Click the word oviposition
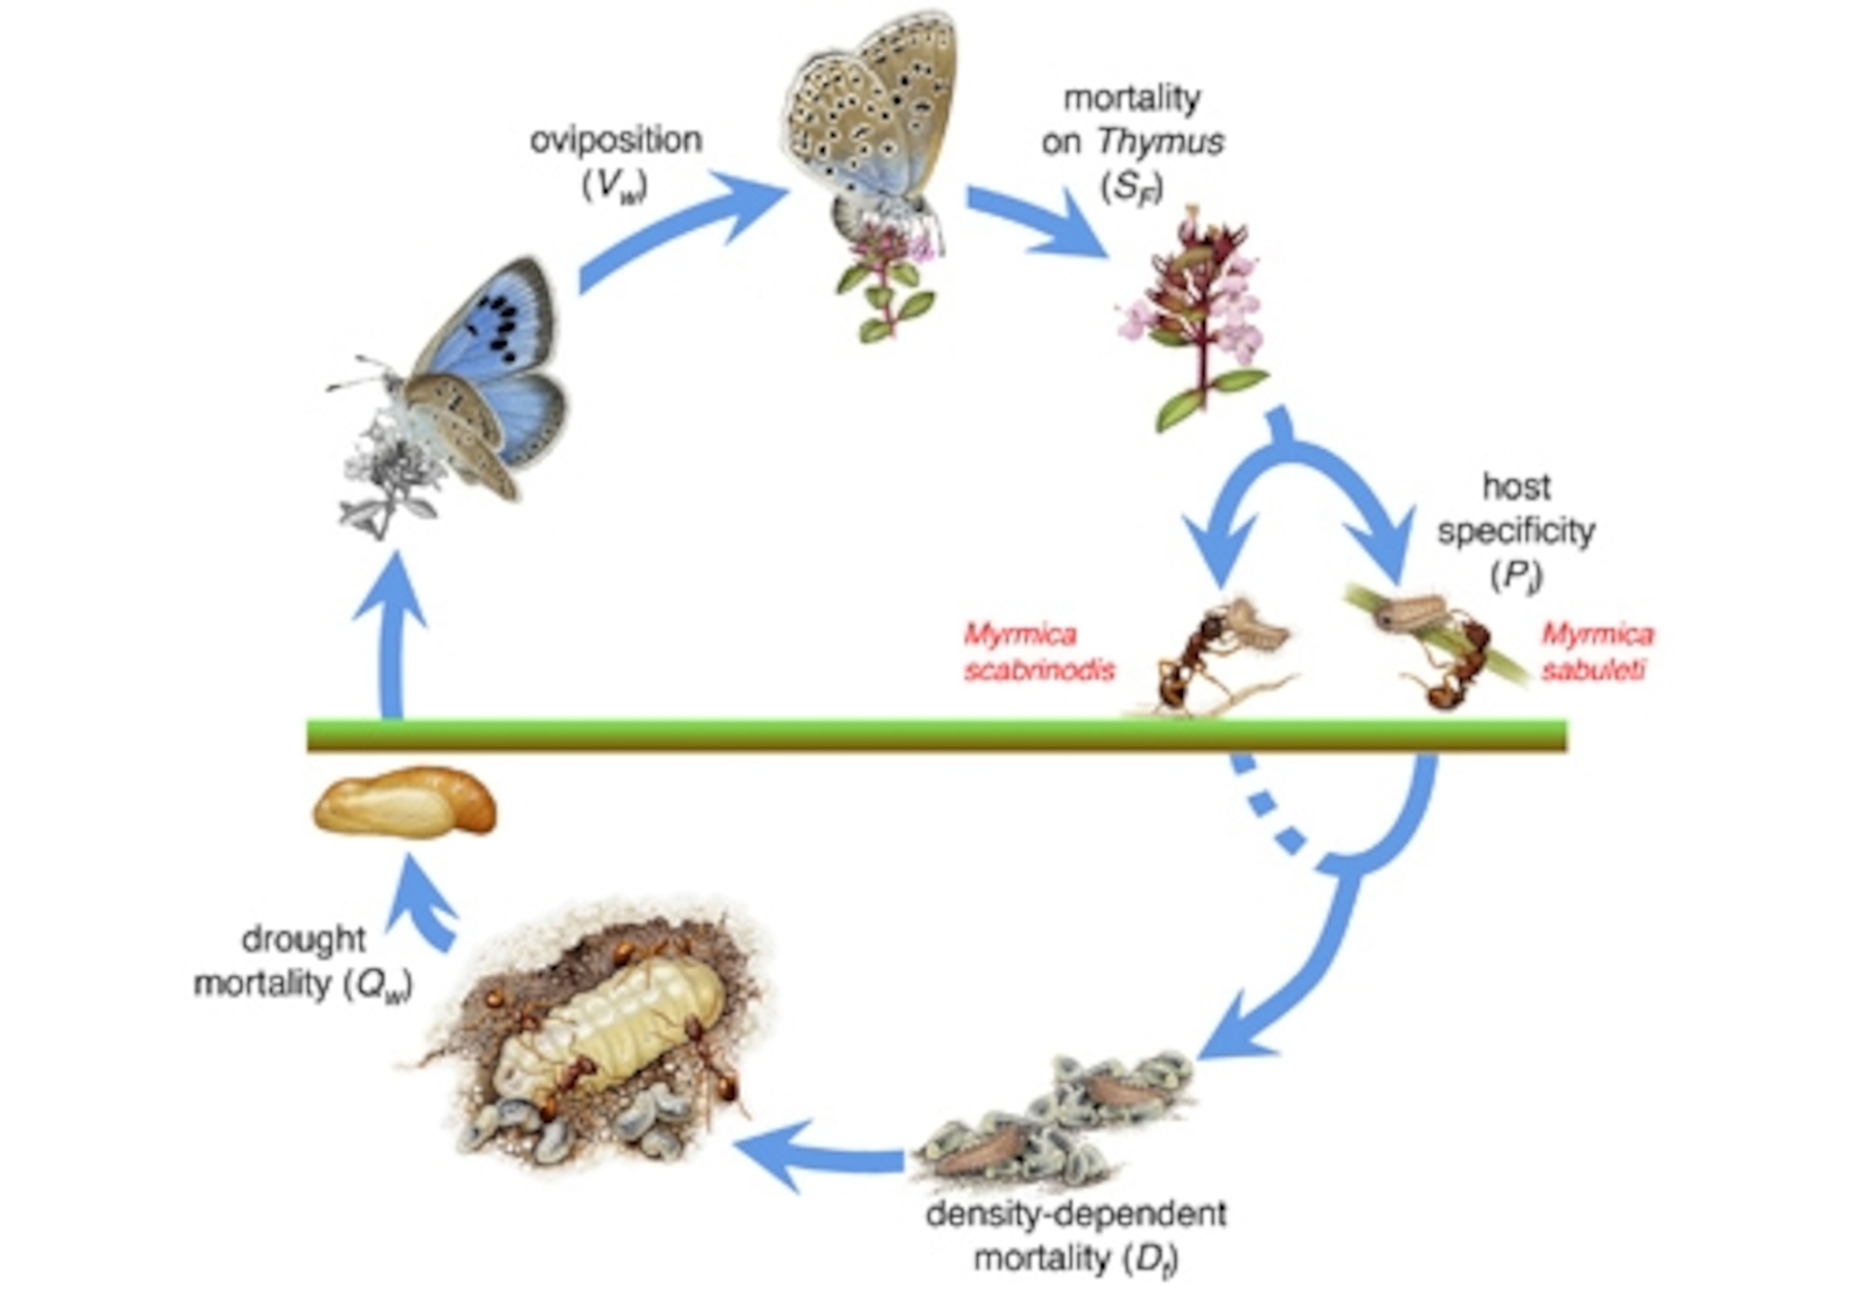(616, 140)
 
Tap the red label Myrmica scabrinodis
(1038, 652)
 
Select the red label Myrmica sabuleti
(1597, 651)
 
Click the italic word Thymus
(1160, 142)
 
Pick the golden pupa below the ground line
(405, 802)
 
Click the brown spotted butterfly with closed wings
(871, 114)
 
